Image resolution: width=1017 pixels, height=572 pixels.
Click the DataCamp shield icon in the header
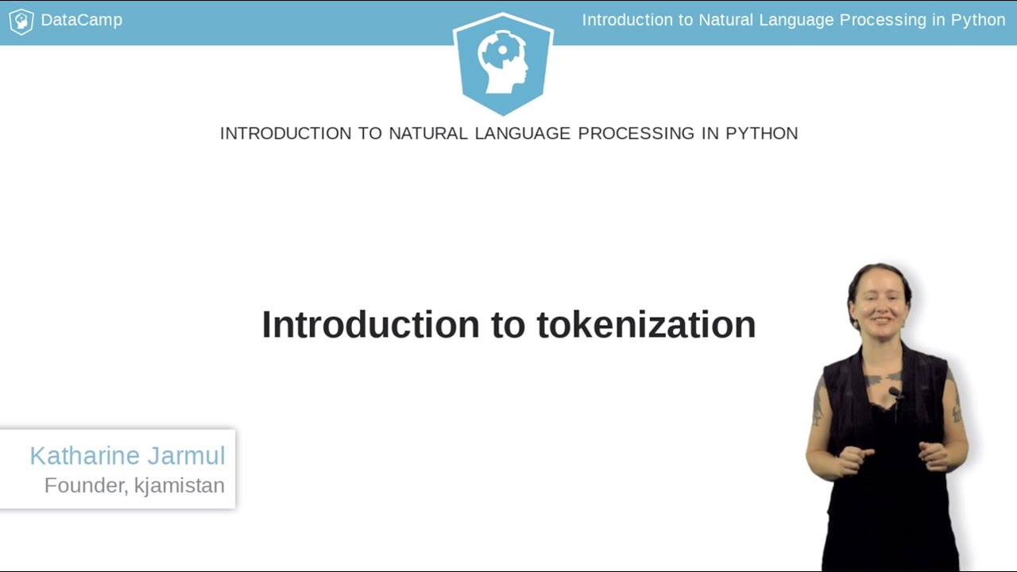click(x=21, y=21)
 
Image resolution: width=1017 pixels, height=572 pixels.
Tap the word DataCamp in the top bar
click(x=81, y=21)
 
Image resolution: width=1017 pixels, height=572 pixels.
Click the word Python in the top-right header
click(x=978, y=21)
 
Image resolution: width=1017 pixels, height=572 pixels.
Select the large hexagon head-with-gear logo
click(x=503, y=64)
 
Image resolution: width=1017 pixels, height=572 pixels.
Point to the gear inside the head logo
click(x=501, y=50)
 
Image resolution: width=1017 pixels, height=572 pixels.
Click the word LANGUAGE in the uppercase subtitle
click(x=522, y=133)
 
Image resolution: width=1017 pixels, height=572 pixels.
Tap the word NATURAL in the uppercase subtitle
click(x=428, y=133)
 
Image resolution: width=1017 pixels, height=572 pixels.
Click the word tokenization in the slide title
click(x=646, y=325)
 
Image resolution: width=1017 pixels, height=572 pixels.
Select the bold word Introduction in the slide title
click(x=370, y=325)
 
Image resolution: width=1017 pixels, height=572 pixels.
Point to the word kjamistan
click(x=180, y=485)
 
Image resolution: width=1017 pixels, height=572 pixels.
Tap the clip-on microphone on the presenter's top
click(x=895, y=392)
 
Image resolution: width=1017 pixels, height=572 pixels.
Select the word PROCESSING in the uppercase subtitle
click(x=636, y=133)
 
